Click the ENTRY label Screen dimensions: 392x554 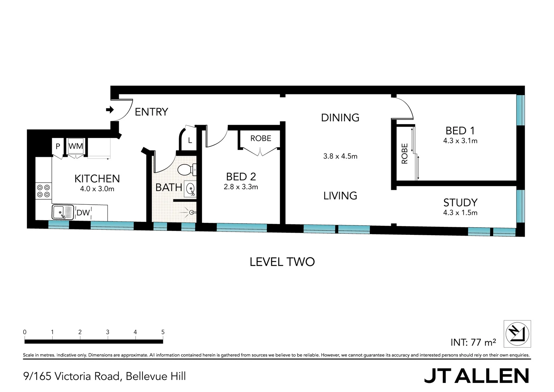pyautogui.click(x=151, y=112)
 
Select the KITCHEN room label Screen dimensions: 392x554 pyautogui.click(x=97, y=179)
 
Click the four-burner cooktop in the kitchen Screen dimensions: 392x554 pyautogui.click(x=44, y=191)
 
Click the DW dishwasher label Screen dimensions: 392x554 pyautogui.click(x=83, y=213)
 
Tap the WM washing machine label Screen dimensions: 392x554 pyautogui.click(x=76, y=146)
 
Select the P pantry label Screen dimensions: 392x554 pyautogui.click(x=58, y=147)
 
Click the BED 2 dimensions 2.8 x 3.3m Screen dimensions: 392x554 pyautogui.click(x=241, y=187)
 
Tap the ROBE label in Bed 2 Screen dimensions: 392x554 pyautogui.click(x=261, y=138)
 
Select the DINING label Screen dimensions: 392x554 pyautogui.click(x=340, y=118)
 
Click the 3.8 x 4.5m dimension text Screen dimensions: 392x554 pyautogui.click(x=340, y=156)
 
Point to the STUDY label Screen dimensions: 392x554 pyautogui.click(x=460, y=203)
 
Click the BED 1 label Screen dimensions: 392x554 pyautogui.click(x=460, y=130)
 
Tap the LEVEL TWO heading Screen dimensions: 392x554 pyautogui.click(x=282, y=262)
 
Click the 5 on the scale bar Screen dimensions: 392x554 pyautogui.click(x=163, y=332)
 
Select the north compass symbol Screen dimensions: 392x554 pyautogui.click(x=517, y=334)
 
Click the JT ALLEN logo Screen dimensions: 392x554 pyautogui.click(x=476, y=376)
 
